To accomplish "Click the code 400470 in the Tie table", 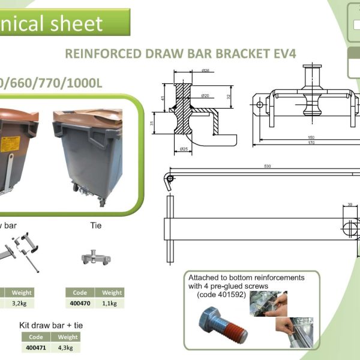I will click(x=80, y=304).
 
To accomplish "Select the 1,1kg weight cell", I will click(x=112, y=304).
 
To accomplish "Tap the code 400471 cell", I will click(x=36, y=347).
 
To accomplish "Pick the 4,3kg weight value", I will click(x=68, y=347).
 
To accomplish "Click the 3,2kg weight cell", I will click(x=21, y=304).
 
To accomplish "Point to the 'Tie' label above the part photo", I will click(x=95, y=226).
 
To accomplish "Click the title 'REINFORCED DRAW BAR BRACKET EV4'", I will click(x=181, y=53).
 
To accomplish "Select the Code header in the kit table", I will click(x=36, y=337).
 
